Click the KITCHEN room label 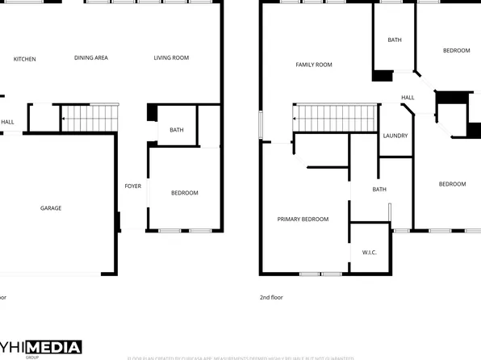[x=24, y=58]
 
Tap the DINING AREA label [x=91, y=57]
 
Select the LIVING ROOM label [x=171, y=57]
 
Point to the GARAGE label [x=51, y=208]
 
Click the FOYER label [x=132, y=186]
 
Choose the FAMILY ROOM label [x=314, y=65]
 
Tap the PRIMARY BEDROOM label [x=303, y=220]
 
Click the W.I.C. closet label [x=369, y=253]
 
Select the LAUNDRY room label [x=395, y=136]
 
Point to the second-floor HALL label [x=408, y=98]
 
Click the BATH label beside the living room [x=175, y=129]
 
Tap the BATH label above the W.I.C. [x=379, y=190]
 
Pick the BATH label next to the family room [x=395, y=40]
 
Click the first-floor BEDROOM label [x=184, y=193]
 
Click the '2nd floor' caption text [x=271, y=297]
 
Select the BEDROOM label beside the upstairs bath [x=456, y=51]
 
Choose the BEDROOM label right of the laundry [x=452, y=184]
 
